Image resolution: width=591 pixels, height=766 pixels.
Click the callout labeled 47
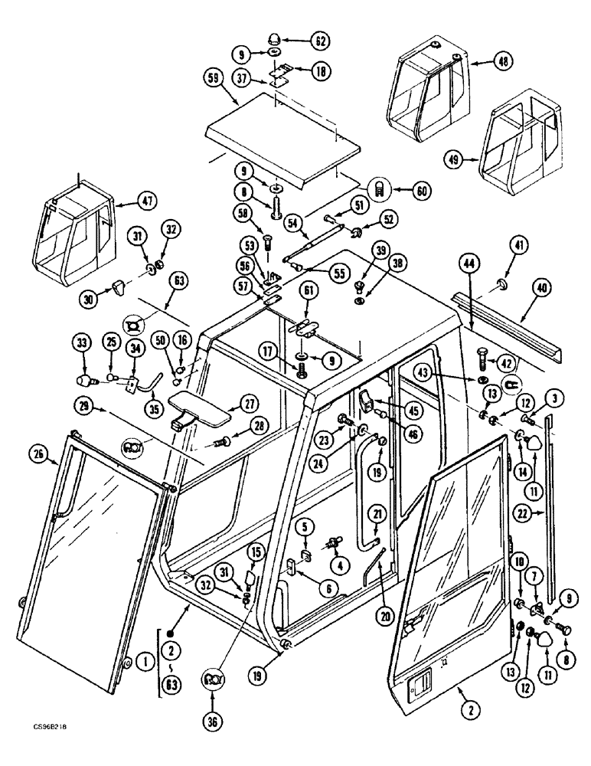coord(147,201)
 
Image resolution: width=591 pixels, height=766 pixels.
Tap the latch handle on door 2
coord(420,679)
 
